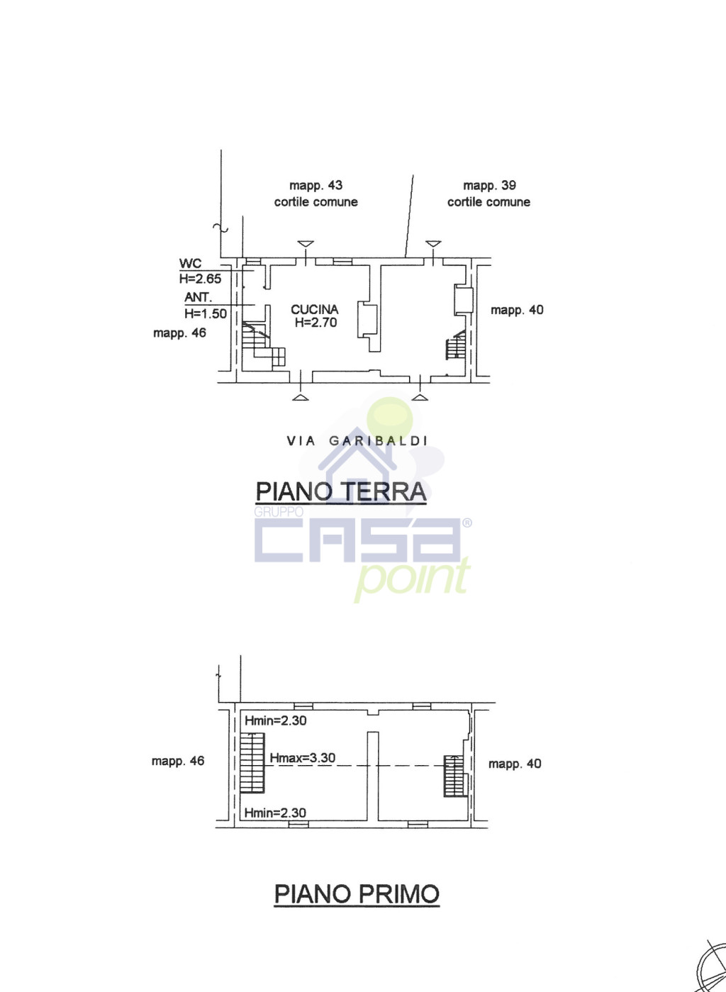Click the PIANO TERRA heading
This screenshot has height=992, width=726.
pyautogui.click(x=341, y=491)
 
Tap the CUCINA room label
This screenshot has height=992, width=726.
pyautogui.click(x=314, y=309)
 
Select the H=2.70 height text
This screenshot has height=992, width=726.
pyautogui.click(x=315, y=323)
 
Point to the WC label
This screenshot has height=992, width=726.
pyautogui.click(x=190, y=264)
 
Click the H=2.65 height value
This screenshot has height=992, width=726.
pyautogui.click(x=200, y=279)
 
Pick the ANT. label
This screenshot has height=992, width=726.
pyautogui.click(x=199, y=297)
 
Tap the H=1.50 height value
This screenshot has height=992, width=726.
pyautogui.click(x=206, y=313)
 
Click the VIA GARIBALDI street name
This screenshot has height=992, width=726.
pyautogui.click(x=357, y=440)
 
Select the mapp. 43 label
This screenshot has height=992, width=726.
pyautogui.click(x=315, y=185)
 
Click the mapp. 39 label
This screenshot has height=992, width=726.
pyautogui.click(x=490, y=185)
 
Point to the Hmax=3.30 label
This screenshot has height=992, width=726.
pyautogui.click(x=303, y=758)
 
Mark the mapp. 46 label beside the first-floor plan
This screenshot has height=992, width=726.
pyautogui.click(x=178, y=761)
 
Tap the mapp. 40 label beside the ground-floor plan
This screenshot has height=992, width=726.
pyautogui.click(x=517, y=310)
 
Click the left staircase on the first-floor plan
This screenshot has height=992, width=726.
pyautogui.click(x=252, y=762)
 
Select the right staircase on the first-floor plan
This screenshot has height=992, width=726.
pyautogui.click(x=454, y=776)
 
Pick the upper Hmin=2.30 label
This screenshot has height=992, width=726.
pyautogui.click(x=275, y=720)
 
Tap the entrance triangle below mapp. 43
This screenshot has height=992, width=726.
pyautogui.click(x=306, y=244)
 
